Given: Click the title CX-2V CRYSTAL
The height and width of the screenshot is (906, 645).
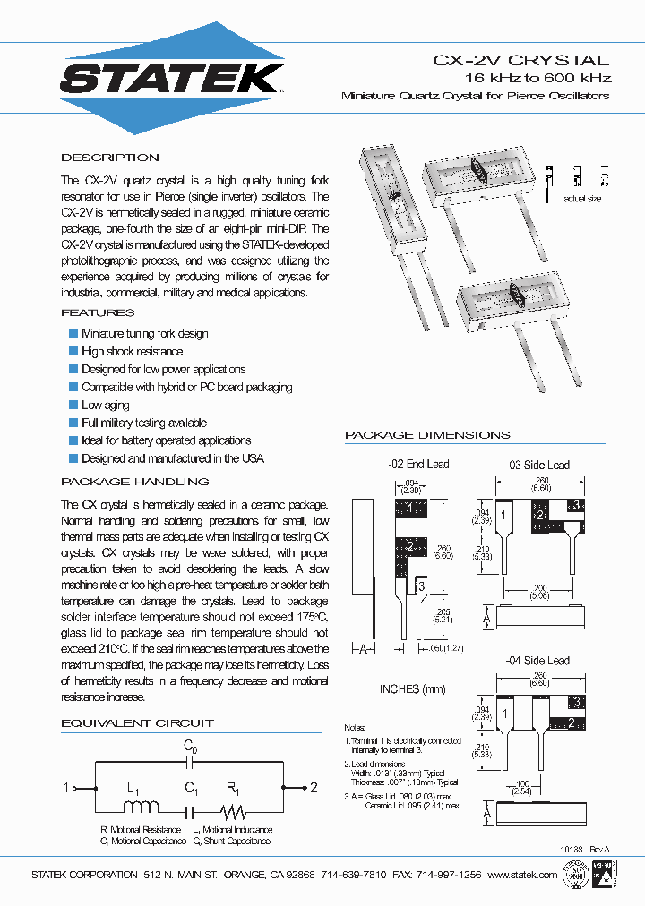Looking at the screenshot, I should pyautogui.click(x=521, y=61).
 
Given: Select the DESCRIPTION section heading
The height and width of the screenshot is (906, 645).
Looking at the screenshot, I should pyautogui.click(x=110, y=158).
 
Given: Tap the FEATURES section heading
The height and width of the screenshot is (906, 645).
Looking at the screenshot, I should pyautogui.click(x=98, y=312).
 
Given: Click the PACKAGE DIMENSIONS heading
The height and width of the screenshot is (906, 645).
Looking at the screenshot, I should pyautogui.click(x=427, y=435).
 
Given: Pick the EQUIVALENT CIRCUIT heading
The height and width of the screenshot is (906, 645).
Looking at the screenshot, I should pyautogui.click(x=137, y=722).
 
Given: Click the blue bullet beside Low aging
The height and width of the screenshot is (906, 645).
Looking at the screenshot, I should pyautogui.click(x=74, y=405).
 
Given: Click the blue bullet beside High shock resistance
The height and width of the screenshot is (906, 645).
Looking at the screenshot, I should pyautogui.click(x=74, y=351).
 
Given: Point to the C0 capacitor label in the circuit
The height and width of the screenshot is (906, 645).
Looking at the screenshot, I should pyautogui.click(x=190, y=746).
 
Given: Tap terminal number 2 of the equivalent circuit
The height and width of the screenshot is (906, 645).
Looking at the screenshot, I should pyautogui.click(x=314, y=788).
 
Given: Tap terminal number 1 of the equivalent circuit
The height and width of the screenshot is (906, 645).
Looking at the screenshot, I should pyautogui.click(x=65, y=788).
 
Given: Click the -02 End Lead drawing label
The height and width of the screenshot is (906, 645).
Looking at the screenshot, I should pyautogui.click(x=418, y=464).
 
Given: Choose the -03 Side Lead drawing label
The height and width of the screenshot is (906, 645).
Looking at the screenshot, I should pyautogui.click(x=537, y=465).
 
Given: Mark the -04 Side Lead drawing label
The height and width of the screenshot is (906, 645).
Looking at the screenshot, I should pyautogui.click(x=537, y=661).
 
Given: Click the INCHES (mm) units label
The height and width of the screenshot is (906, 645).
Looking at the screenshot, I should pyautogui.click(x=413, y=689).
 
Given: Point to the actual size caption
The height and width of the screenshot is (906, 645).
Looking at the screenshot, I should pyautogui.click(x=582, y=198).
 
